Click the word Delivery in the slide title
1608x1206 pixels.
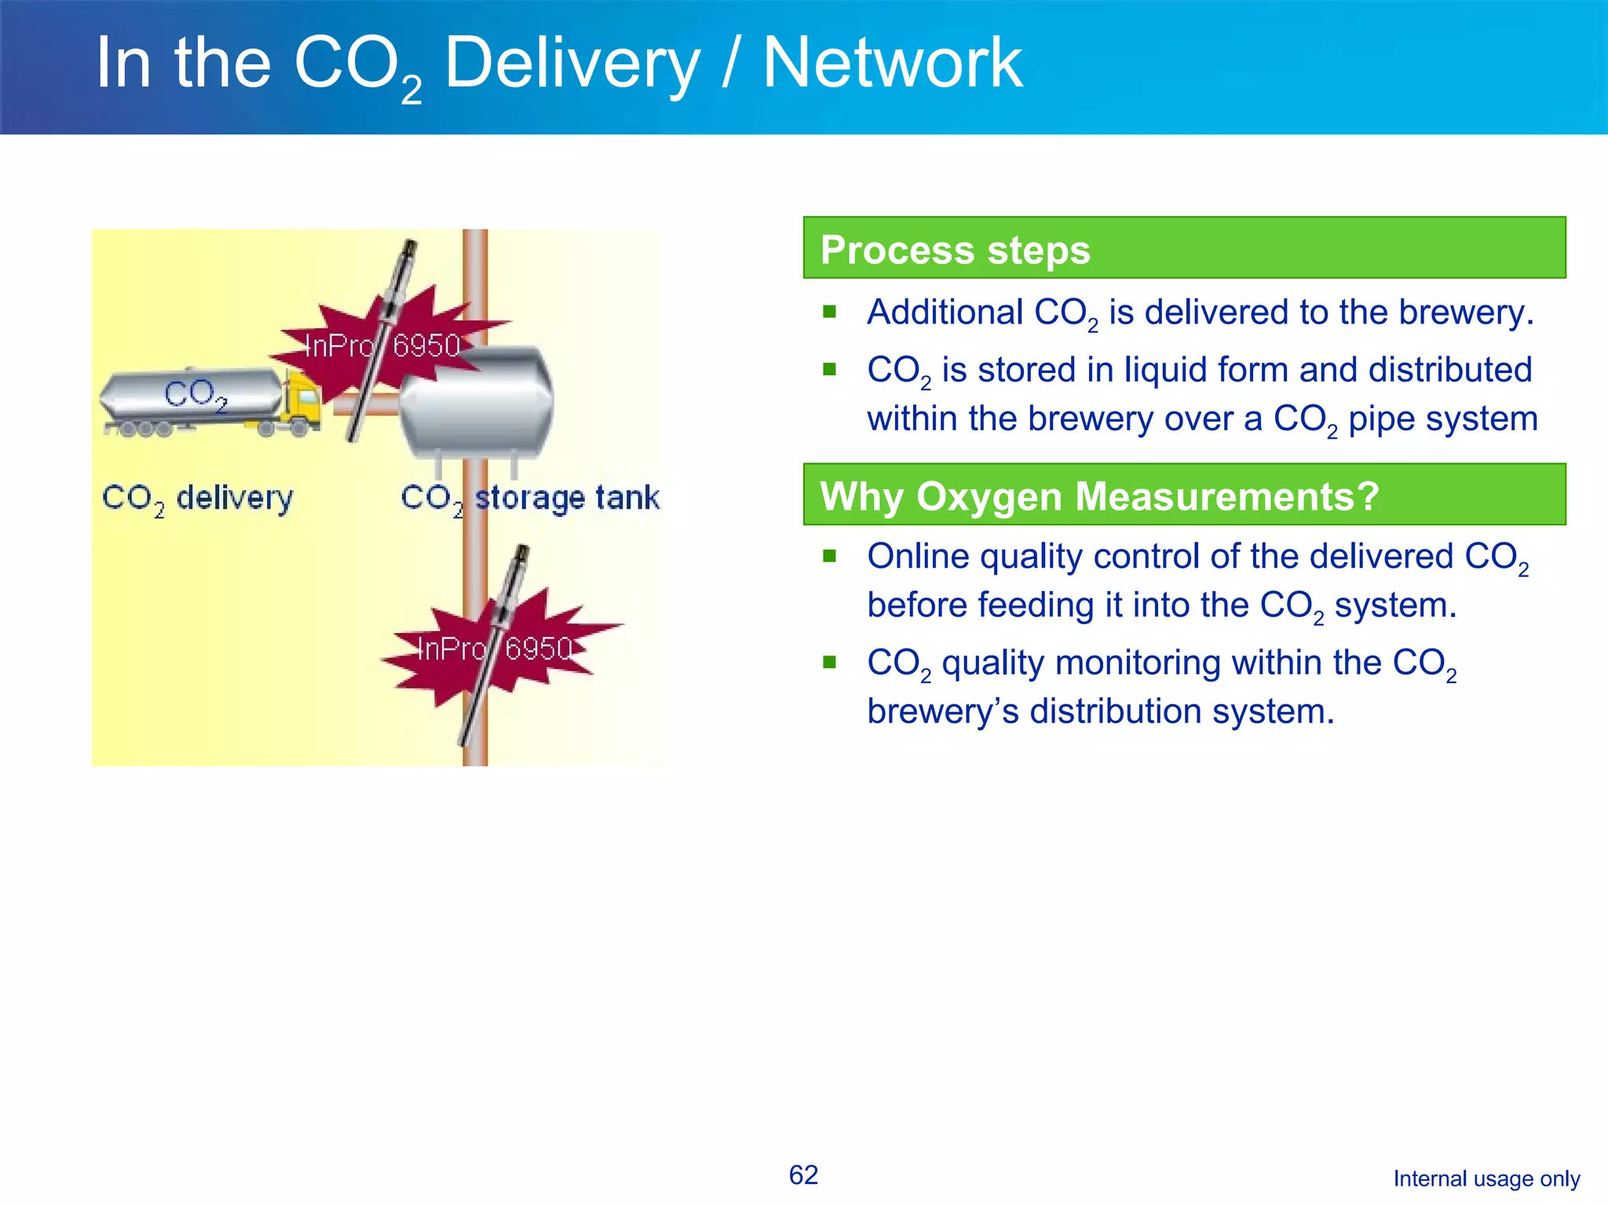572,64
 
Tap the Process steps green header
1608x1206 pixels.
1184,248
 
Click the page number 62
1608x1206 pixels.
803,1175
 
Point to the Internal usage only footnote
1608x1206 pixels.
1486,1179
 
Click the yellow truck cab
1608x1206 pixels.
303,400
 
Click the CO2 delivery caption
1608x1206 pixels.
198,499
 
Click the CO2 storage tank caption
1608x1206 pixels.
530,499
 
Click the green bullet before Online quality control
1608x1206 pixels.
830,556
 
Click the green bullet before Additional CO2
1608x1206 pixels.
830,312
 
